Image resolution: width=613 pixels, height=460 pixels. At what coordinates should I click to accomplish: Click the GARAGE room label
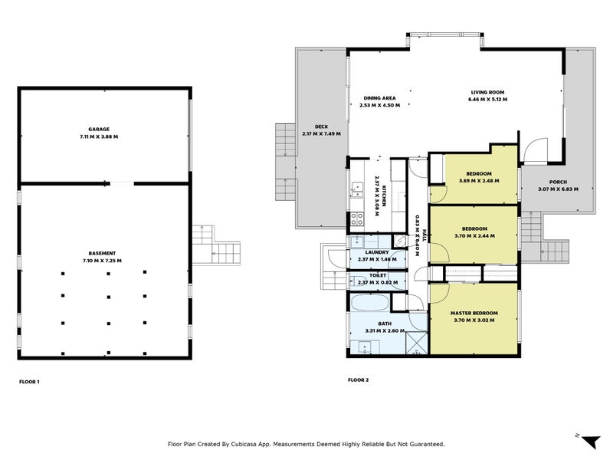click(99, 130)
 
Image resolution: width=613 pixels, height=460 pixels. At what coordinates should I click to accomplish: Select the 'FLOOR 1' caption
click(28, 381)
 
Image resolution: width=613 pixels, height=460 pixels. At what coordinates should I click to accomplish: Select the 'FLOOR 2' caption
click(358, 380)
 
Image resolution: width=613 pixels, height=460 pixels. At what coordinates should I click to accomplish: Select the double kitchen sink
click(357, 188)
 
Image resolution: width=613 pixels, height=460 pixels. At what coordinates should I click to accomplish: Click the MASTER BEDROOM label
click(474, 313)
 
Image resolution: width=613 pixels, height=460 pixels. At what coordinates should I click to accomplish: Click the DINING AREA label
click(379, 98)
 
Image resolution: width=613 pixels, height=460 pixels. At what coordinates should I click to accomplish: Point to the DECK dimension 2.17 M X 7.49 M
click(321, 134)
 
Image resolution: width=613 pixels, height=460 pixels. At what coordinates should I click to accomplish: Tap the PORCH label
click(557, 182)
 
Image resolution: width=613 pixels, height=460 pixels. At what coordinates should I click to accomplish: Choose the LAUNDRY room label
click(376, 252)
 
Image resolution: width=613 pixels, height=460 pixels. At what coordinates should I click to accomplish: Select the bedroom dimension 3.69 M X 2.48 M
click(479, 181)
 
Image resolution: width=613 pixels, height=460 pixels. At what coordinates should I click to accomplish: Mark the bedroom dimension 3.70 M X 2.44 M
click(474, 235)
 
